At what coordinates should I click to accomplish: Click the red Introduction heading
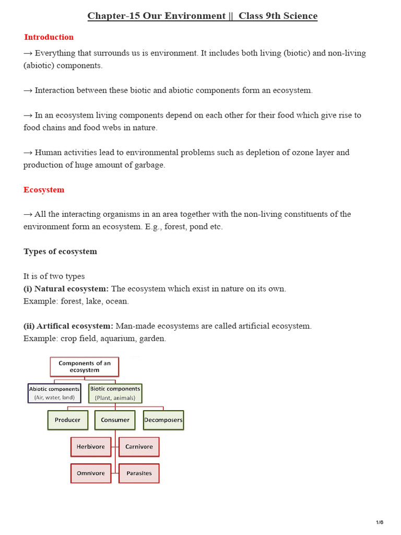(x=49, y=37)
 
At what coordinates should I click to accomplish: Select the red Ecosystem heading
(x=44, y=190)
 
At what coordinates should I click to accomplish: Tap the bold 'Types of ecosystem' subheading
(x=60, y=251)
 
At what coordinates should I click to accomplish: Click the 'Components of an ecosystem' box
(x=84, y=366)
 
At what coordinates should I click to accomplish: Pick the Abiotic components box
(x=54, y=393)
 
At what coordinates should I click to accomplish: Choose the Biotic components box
(x=115, y=393)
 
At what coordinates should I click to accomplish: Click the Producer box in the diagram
(x=67, y=420)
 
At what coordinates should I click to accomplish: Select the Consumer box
(x=115, y=420)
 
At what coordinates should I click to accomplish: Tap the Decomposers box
(x=163, y=420)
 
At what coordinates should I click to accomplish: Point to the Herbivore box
(x=91, y=447)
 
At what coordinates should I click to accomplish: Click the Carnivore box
(x=139, y=447)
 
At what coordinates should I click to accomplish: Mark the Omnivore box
(x=91, y=473)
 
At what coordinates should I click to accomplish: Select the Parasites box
(x=139, y=473)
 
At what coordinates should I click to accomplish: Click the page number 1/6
(x=379, y=522)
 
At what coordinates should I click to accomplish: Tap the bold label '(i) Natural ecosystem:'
(x=66, y=289)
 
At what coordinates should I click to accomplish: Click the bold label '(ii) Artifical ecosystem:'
(x=68, y=326)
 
